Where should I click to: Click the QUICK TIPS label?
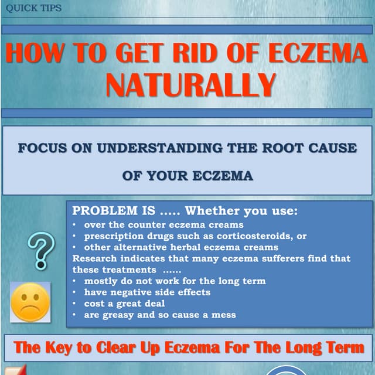[x=33, y=8]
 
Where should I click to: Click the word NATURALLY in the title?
[x=190, y=84]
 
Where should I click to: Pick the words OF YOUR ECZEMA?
[x=188, y=176]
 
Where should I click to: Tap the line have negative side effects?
[x=147, y=292]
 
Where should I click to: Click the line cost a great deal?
[x=124, y=304]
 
